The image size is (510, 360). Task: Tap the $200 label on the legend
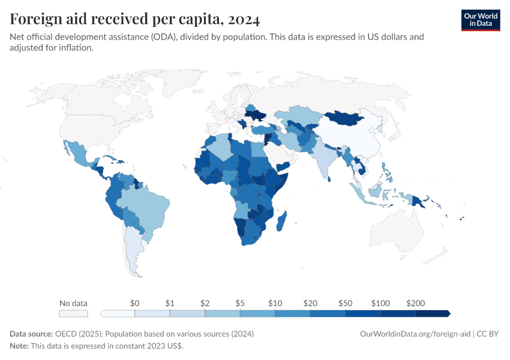pyautogui.click(x=415, y=303)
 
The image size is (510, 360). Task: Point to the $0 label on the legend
pyautogui.click(x=134, y=303)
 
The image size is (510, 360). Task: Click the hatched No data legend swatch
pyautogui.click(x=73, y=313)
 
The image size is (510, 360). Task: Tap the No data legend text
pyautogui.click(x=73, y=303)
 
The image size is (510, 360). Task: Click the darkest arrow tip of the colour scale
pyautogui.click(x=447, y=313)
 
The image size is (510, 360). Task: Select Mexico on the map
pyautogui.click(x=79, y=153)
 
